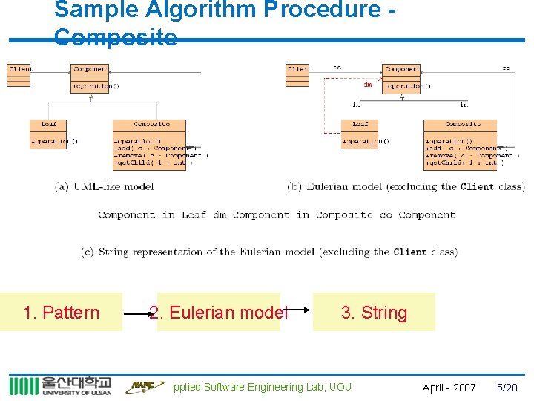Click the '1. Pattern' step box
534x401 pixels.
point(62,312)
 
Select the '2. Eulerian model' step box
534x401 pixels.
point(219,312)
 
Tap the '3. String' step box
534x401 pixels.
point(374,312)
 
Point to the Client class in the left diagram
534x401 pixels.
point(19,74)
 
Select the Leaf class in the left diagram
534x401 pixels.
point(49,134)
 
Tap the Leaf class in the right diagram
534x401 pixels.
point(360,134)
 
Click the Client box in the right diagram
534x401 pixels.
point(297,74)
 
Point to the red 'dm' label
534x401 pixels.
point(367,85)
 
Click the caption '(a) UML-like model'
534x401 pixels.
point(104,186)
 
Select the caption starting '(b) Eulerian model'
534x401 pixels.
point(406,186)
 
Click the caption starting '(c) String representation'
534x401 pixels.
point(268,252)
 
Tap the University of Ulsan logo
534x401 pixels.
point(60,386)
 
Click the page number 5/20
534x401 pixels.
point(507,388)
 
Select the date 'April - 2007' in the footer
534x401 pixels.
point(449,388)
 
